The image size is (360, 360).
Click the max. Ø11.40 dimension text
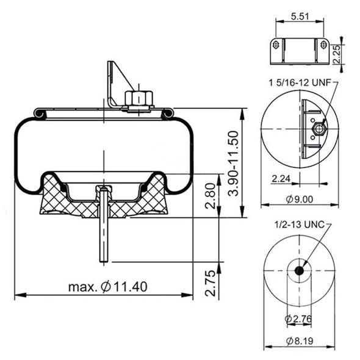[x=107, y=286]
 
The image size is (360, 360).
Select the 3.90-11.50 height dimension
[x=232, y=163]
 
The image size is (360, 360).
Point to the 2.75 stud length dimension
[x=211, y=281]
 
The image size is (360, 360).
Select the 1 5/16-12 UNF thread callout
[x=300, y=81]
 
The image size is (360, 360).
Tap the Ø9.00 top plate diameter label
[x=299, y=198]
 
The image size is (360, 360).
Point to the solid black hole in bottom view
[x=299, y=271]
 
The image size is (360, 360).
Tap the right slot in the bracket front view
[x=322, y=45]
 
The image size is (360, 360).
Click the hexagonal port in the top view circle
[x=317, y=129]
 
